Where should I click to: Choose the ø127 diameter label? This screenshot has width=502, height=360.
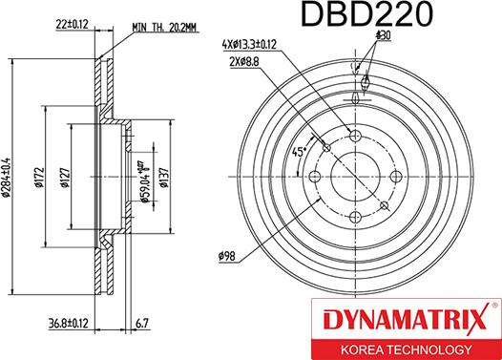tap(63, 176)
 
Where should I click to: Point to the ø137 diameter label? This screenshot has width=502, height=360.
tap(165, 176)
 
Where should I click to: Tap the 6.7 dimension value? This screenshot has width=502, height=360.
tap(140, 323)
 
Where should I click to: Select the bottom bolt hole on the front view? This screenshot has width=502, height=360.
tap(354, 217)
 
